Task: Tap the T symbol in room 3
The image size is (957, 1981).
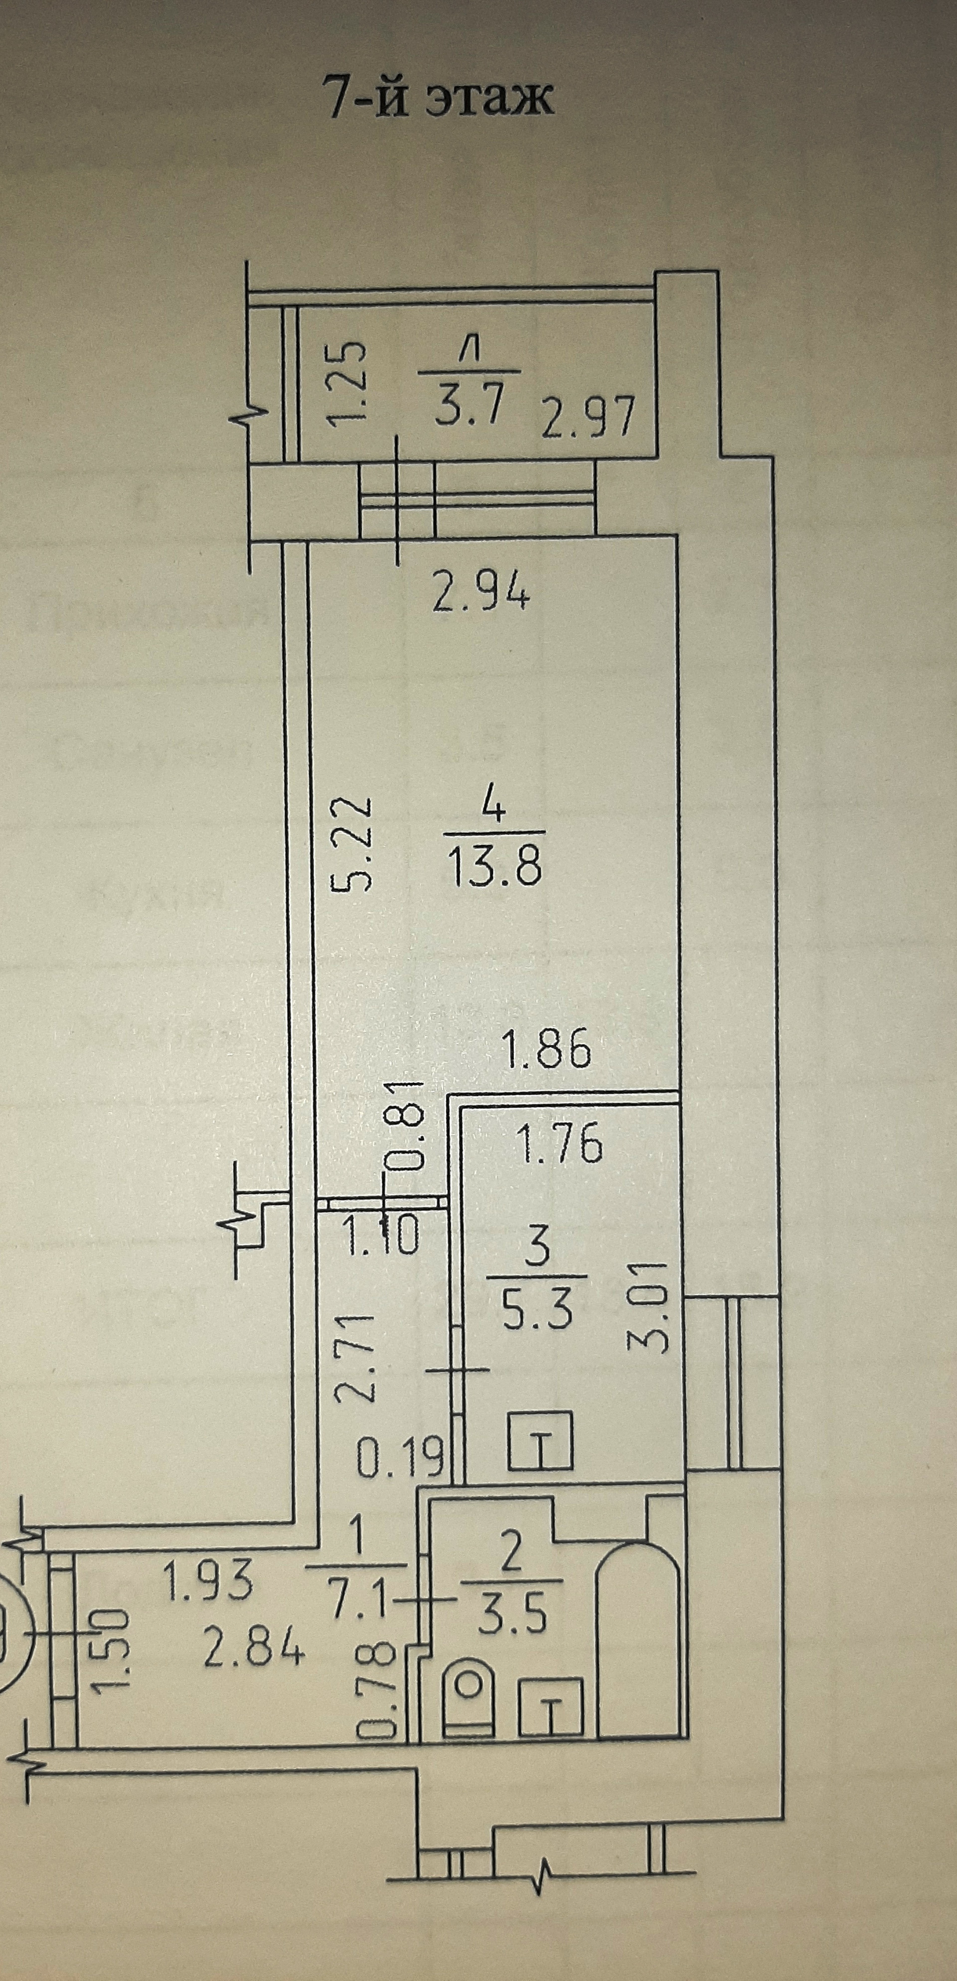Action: point(541,1448)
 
